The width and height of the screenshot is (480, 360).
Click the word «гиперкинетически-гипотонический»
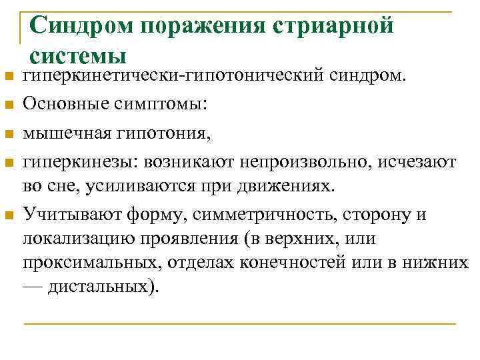pos(173,77)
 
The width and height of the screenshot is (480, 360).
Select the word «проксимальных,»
pos(85,262)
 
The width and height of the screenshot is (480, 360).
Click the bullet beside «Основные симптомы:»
pos(9,105)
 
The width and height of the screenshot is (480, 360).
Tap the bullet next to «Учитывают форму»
pos(9,215)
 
